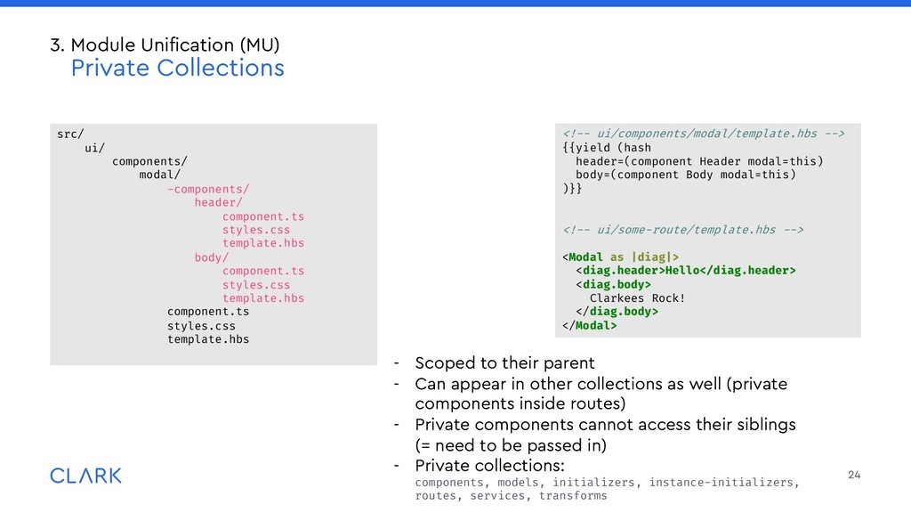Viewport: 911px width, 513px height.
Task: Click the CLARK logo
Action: [85, 476]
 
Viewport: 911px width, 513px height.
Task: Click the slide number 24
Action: [854, 476]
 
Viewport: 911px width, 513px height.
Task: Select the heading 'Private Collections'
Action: [177, 68]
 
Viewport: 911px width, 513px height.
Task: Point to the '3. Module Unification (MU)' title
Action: [171, 44]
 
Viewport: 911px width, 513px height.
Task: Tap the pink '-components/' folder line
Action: [208, 189]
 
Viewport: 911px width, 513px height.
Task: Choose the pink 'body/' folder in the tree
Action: [211, 257]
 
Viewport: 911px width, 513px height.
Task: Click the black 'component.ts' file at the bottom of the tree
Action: [208, 312]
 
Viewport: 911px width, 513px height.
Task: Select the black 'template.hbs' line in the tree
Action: [208, 339]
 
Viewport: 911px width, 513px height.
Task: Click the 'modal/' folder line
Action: [159, 175]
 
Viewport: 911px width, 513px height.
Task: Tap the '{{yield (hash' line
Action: [607, 148]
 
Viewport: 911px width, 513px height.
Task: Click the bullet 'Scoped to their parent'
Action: [504, 363]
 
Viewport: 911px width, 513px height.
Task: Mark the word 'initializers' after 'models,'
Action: [588, 483]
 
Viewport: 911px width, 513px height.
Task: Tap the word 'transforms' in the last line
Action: [573, 496]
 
